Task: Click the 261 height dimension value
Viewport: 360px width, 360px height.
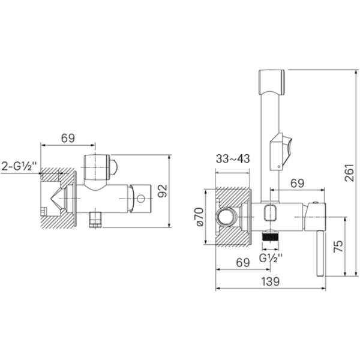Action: coord(350,173)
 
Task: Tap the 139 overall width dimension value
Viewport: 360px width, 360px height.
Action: coord(271,281)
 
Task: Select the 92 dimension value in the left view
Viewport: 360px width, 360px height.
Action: coord(163,191)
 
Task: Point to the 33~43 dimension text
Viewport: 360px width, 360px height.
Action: coord(233,158)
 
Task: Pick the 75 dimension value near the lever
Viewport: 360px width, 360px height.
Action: coord(338,246)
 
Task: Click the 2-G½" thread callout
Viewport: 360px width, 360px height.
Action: coord(19,166)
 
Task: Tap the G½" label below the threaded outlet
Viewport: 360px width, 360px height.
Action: coord(271,258)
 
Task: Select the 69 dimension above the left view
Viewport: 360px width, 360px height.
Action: coord(68,138)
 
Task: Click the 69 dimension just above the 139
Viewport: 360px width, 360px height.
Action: coord(243,263)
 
